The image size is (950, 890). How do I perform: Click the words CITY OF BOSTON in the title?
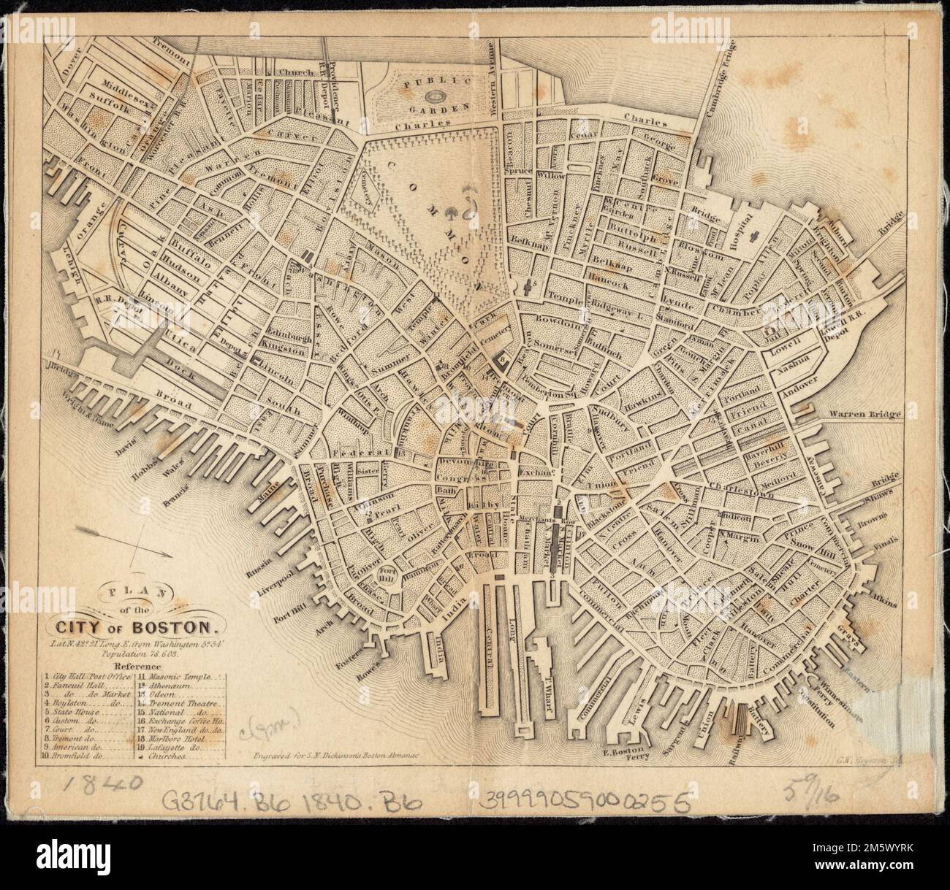pyautogui.click(x=133, y=626)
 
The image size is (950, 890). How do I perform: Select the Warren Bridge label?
pyautogui.click(x=866, y=414)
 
